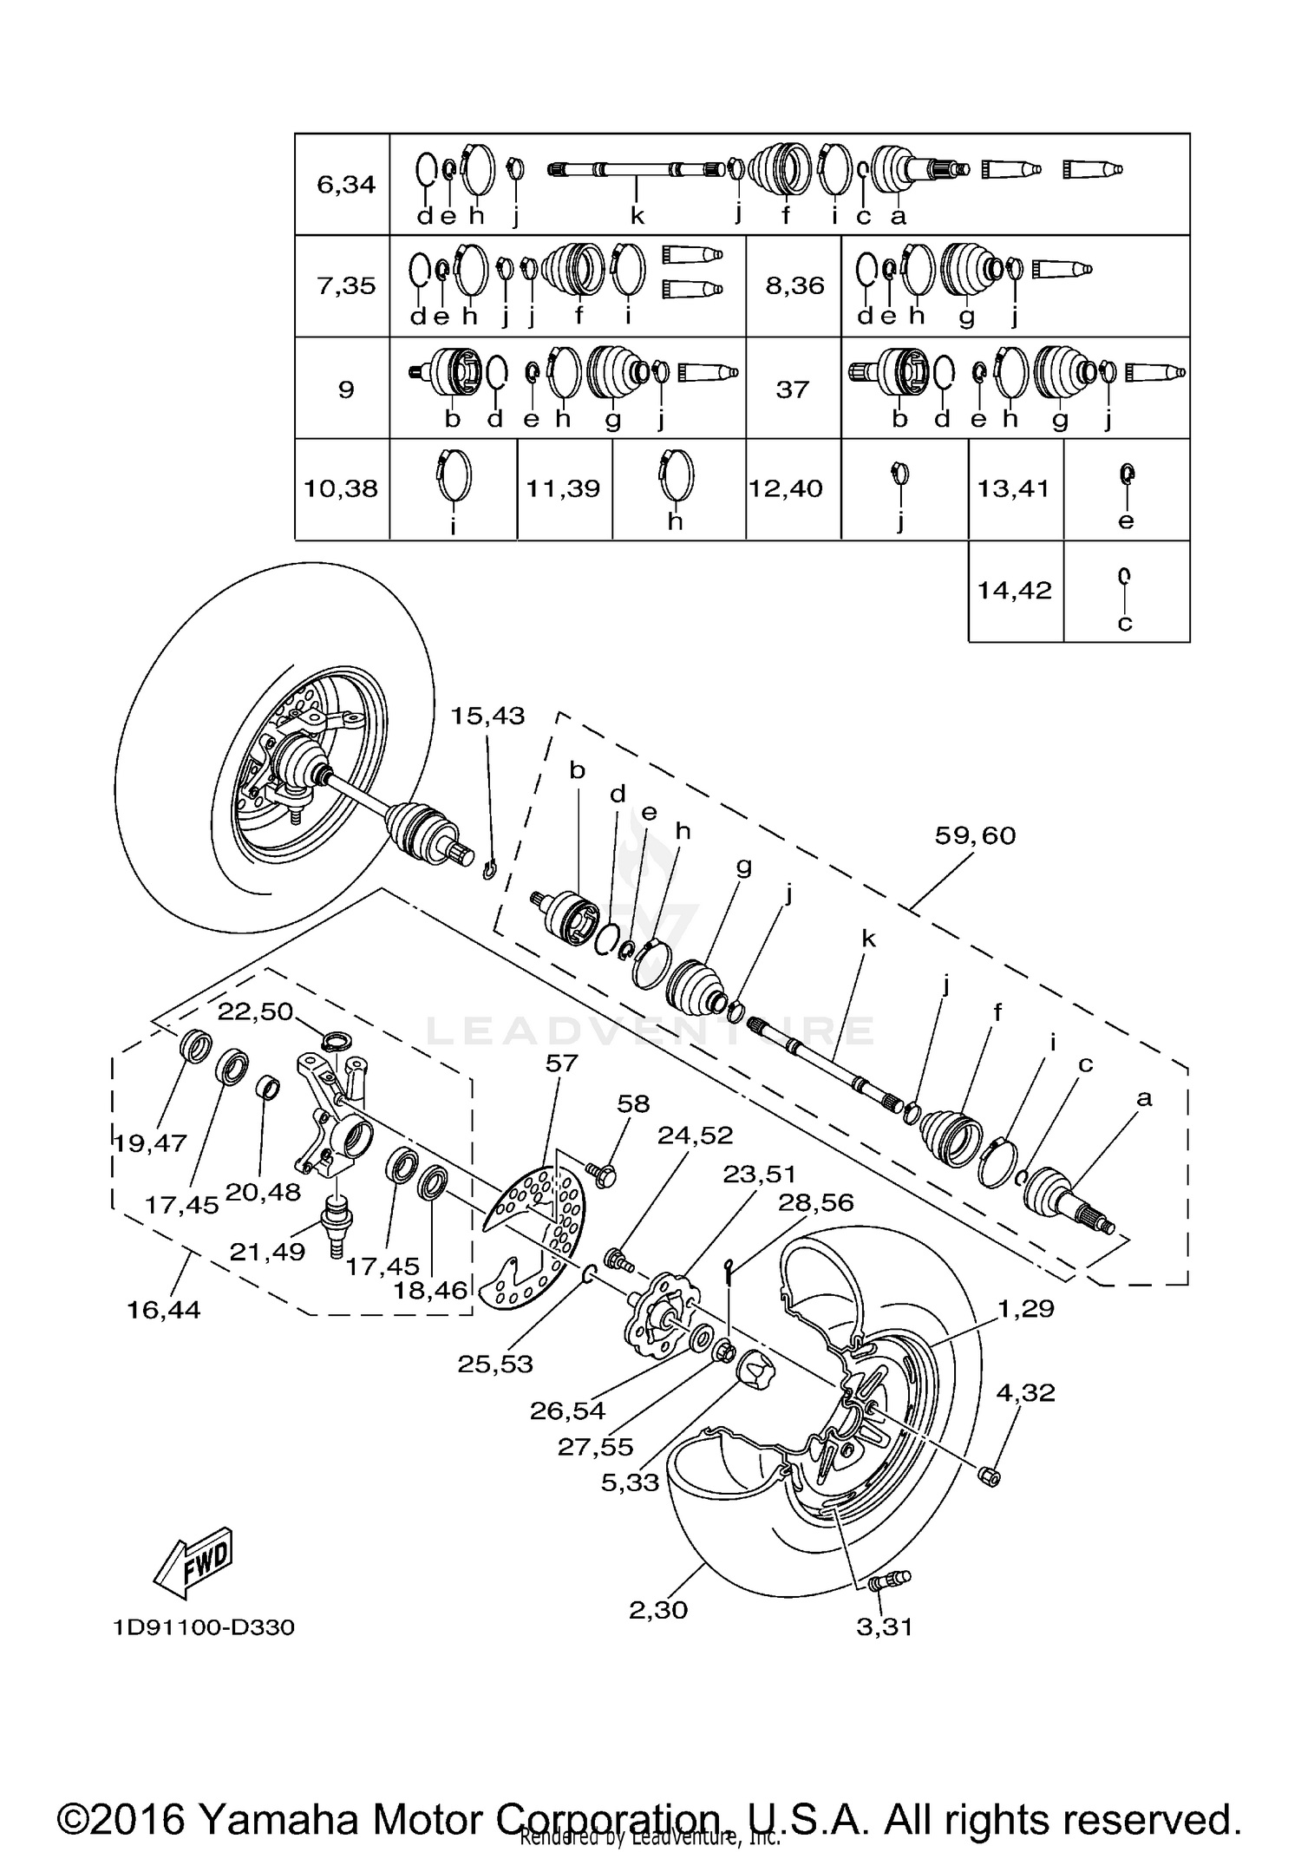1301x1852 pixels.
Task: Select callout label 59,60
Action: (975, 835)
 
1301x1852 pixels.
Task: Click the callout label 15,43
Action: (487, 716)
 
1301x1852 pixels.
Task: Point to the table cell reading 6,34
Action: (346, 184)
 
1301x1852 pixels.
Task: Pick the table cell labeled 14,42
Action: (1015, 591)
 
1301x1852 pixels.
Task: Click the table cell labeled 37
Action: (792, 389)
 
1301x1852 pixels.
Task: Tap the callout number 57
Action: (561, 1063)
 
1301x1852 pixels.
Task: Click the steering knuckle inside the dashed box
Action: (334, 1119)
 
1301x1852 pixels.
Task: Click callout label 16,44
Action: (163, 1310)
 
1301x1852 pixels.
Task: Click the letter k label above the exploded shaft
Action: (868, 939)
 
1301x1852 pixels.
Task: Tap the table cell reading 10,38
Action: (341, 489)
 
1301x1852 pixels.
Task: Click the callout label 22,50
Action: (255, 1011)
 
